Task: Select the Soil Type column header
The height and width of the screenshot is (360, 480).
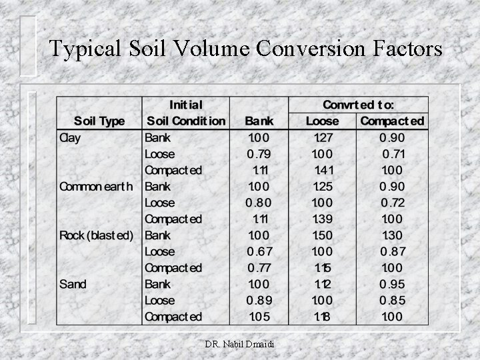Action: [x=99, y=121]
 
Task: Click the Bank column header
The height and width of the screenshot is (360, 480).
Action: [x=259, y=121]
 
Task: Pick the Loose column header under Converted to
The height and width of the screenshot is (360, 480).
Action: [x=322, y=121]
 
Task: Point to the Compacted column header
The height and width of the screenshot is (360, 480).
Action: [x=392, y=121]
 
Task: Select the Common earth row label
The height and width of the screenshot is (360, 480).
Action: [x=95, y=187]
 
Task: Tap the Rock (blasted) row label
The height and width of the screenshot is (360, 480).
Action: [x=97, y=235]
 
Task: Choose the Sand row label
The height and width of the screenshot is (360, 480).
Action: [x=73, y=284]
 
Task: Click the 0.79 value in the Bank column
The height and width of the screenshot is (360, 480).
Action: [x=259, y=154]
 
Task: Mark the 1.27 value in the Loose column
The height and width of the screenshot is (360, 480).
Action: [x=323, y=138]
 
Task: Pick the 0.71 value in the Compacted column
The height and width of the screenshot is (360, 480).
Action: [x=393, y=154]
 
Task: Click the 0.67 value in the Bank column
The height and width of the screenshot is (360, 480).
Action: [x=259, y=251]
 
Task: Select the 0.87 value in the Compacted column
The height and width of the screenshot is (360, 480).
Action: [x=392, y=251]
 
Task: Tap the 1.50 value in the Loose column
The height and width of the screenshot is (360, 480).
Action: [x=323, y=235]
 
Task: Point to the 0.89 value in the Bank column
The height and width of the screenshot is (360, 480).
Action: [x=259, y=300]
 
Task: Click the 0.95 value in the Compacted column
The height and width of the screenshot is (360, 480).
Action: [x=392, y=284]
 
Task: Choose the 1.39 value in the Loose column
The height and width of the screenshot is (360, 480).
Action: [x=323, y=219]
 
